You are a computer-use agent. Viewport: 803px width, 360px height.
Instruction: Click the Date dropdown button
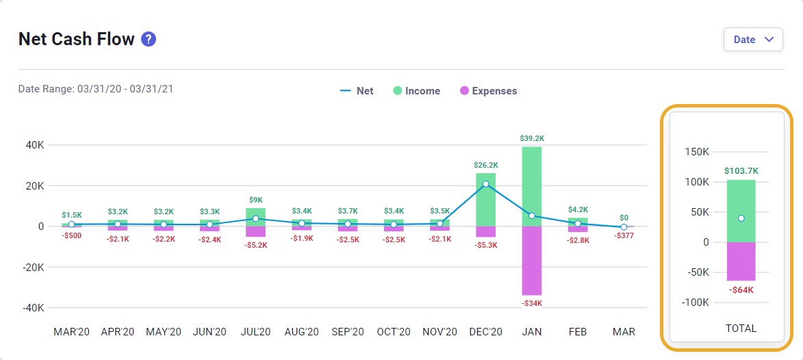pos(752,40)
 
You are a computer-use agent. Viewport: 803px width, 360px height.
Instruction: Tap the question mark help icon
pos(149,40)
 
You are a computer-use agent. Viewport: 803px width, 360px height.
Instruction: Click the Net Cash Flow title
pos(76,40)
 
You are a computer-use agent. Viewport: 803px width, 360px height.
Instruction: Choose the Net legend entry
pos(357,91)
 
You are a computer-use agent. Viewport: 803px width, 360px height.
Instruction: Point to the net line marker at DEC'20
pos(486,184)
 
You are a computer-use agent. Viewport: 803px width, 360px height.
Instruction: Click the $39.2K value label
pos(532,138)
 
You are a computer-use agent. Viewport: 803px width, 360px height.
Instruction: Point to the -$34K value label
pos(532,303)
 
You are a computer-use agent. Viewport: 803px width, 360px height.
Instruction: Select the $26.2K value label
pos(486,165)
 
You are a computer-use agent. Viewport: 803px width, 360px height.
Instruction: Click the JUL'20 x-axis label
pos(255,332)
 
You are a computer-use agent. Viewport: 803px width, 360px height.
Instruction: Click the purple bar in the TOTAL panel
pos(741,261)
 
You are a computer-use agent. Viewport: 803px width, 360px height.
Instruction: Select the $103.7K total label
pos(741,171)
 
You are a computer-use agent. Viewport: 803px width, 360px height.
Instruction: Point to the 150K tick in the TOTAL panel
pos(696,152)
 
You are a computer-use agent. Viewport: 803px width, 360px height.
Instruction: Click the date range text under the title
pos(95,89)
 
